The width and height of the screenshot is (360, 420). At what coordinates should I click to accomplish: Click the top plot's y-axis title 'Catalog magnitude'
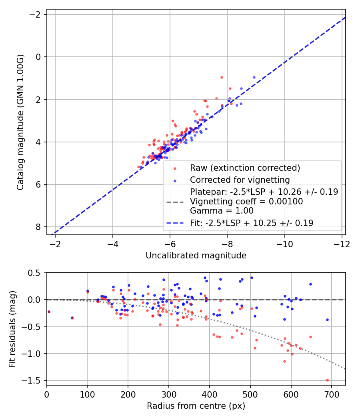coord(20,120)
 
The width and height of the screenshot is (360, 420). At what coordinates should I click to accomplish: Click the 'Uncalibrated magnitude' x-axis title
coord(196,255)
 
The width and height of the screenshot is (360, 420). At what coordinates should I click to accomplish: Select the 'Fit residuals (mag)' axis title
coord(12,329)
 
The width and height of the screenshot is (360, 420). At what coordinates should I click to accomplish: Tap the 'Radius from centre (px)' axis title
coord(196,406)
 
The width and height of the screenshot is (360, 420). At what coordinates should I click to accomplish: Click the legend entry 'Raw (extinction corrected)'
coord(245,168)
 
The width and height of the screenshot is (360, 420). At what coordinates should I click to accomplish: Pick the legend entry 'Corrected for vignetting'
coord(240,180)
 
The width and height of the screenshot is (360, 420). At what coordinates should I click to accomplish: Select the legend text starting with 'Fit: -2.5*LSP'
coord(251,223)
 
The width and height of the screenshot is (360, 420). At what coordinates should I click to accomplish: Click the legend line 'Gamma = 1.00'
coord(222,211)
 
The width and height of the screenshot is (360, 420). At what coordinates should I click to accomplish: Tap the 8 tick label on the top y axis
coord(39,227)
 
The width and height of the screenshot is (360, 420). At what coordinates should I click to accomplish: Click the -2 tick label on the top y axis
coord(36,14)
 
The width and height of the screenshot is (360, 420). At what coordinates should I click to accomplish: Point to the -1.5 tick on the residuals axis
coord(34,380)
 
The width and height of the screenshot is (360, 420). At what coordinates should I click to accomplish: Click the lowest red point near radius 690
coord(327,380)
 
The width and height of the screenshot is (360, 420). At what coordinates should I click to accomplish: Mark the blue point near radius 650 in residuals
coord(310,284)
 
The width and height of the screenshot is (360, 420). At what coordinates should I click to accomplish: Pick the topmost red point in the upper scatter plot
coord(222,77)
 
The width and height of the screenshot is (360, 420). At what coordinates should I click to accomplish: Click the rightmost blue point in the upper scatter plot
coord(254,77)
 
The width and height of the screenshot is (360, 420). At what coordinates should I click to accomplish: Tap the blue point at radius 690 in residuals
coord(327,320)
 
